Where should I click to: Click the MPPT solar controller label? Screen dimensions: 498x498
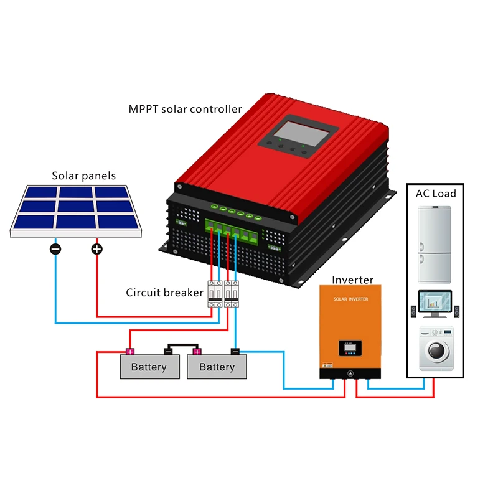(x=185, y=110)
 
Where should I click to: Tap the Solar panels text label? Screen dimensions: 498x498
(x=83, y=176)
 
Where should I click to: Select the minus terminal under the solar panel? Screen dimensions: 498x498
(x=55, y=249)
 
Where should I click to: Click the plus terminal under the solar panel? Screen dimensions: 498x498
(x=96, y=249)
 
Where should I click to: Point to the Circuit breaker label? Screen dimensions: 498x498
(x=164, y=293)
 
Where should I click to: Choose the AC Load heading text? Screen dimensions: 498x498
(x=436, y=194)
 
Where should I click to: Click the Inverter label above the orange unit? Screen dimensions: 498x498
(x=352, y=280)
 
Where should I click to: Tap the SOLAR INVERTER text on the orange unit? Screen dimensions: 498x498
(x=350, y=299)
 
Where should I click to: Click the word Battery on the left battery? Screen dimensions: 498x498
(x=149, y=367)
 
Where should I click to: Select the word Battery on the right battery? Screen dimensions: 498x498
(x=217, y=367)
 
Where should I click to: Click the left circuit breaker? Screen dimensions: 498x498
(x=215, y=293)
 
